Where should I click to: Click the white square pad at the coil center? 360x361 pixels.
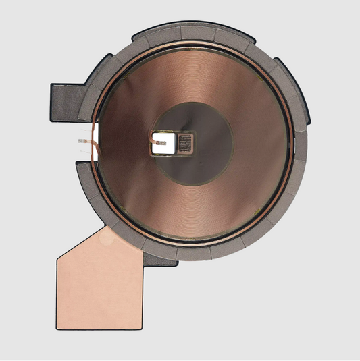pos(165,142)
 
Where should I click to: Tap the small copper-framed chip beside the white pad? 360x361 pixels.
pos(186,142)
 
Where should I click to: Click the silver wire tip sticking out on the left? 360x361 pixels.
pos(80,142)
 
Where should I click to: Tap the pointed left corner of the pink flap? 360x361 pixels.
pos(57,259)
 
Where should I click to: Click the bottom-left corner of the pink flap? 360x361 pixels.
pos(58,328)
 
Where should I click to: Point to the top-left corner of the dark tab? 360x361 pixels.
pos(52,83)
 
